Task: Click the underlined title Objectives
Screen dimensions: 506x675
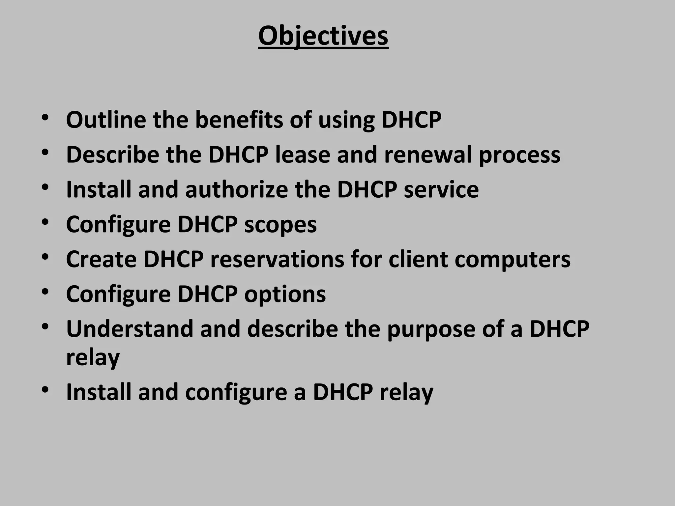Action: click(x=323, y=36)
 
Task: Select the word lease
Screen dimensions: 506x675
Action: click(x=303, y=155)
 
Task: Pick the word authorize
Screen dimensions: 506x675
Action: click(x=236, y=189)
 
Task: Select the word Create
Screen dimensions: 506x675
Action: click(x=101, y=259)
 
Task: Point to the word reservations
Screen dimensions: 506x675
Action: click(x=277, y=259)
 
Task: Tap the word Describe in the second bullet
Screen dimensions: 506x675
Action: click(x=112, y=155)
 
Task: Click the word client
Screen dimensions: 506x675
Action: click(x=418, y=259)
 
